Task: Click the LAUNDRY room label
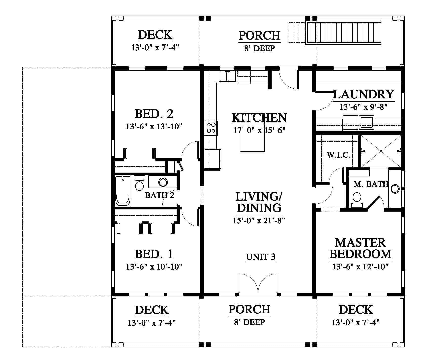[364, 94]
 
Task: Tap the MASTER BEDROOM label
[360, 248]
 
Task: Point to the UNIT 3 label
[261, 257]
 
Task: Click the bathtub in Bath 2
[123, 191]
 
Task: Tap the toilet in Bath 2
[139, 184]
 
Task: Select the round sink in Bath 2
[163, 182]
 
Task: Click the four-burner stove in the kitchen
[211, 128]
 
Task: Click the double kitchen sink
[227, 76]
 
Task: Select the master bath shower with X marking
[381, 151]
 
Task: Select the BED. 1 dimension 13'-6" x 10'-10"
[154, 267]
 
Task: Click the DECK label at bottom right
[356, 310]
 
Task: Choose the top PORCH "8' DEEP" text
[259, 48]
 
